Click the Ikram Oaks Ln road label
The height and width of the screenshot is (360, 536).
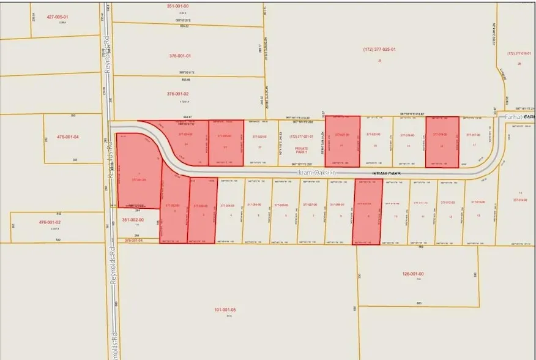pos(318,173)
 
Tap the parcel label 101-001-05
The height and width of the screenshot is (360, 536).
pos(226,310)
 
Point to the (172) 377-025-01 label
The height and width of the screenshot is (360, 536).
pos(379,49)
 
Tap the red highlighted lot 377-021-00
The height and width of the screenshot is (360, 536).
pos(341,141)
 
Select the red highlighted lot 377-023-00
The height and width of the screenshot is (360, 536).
pos(226,142)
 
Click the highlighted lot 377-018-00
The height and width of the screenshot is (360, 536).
pos(442,141)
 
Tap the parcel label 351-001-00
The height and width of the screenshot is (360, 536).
pos(179,6)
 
